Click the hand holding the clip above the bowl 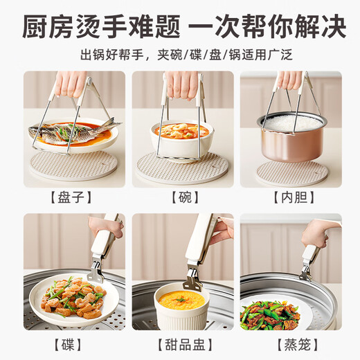point(181,81)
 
